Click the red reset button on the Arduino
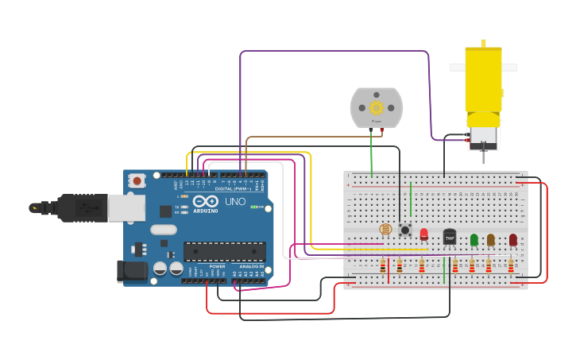(x=137, y=181)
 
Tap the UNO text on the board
(x=235, y=201)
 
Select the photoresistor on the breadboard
(x=385, y=230)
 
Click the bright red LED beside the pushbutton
(x=423, y=234)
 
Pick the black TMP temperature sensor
(x=450, y=236)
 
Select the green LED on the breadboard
(x=474, y=238)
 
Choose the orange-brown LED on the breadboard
(x=491, y=238)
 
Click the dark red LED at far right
(x=513, y=238)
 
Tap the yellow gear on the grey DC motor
(x=377, y=107)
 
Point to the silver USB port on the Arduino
(x=126, y=207)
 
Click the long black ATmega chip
(x=225, y=251)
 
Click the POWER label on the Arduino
(x=217, y=266)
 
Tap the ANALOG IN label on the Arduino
(x=251, y=266)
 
